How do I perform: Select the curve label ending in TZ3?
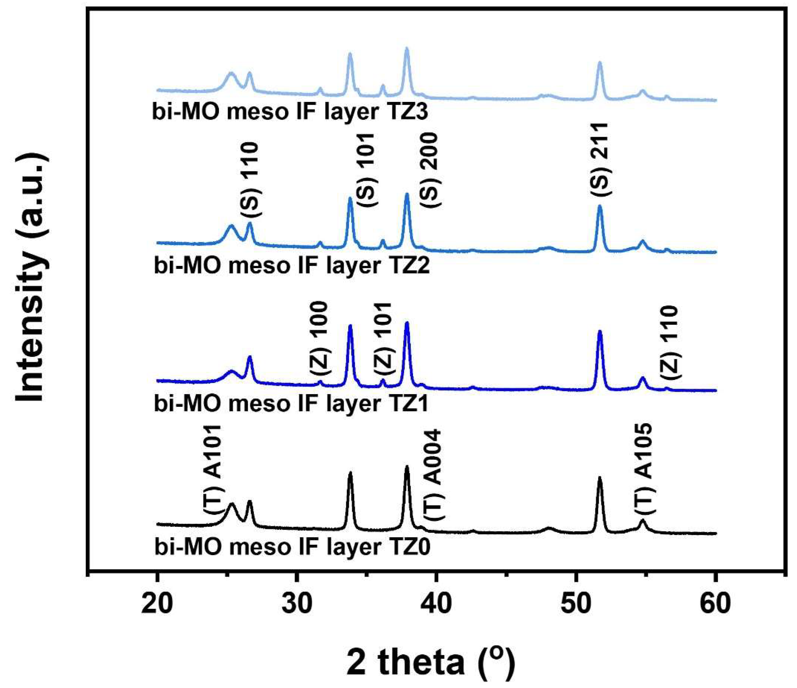pyautogui.click(x=290, y=113)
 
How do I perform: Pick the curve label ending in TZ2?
pyautogui.click(x=292, y=266)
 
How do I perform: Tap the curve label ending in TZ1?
pyautogui.click(x=291, y=404)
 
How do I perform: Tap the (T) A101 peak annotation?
pyautogui.click(x=212, y=469)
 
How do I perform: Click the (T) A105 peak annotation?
pyautogui.click(x=643, y=469)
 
